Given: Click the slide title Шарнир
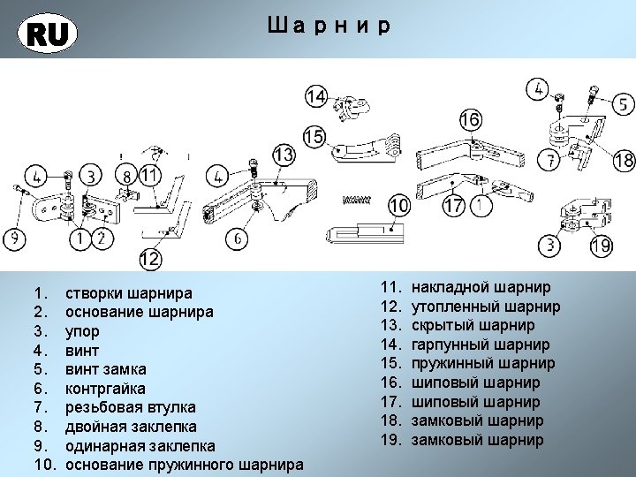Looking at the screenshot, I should [x=327, y=26].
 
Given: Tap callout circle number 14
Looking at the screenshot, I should [x=316, y=96].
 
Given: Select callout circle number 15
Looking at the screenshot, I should [x=314, y=137].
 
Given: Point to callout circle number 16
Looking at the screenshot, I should [x=470, y=119].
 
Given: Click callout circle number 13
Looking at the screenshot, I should [x=283, y=156].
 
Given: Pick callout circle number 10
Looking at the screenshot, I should [x=399, y=206].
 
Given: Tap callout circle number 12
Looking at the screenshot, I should [x=149, y=260].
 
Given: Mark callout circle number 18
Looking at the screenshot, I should [x=624, y=161].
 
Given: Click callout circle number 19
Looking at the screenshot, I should [x=602, y=246].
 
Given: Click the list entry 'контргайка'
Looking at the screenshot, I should [x=106, y=389].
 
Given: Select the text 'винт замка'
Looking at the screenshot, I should [x=106, y=369].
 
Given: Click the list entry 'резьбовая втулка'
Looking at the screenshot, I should [x=131, y=407].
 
